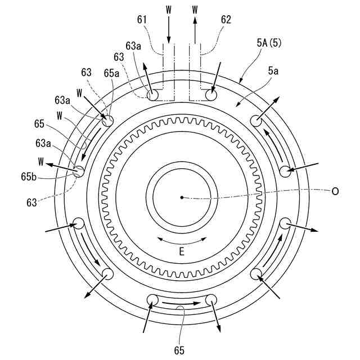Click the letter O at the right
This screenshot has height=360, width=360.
click(335, 191)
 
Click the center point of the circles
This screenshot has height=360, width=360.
click(182, 197)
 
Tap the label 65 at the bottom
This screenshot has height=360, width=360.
click(179, 350)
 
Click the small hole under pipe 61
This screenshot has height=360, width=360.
click(152, 96)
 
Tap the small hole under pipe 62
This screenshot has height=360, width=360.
click(211, 96)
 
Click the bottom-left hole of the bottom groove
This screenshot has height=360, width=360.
click(152, 300)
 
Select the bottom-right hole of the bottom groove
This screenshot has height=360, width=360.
click(211, 300)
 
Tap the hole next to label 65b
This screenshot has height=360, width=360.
click(78, 171)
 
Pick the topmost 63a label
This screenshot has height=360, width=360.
click(133, 46)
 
